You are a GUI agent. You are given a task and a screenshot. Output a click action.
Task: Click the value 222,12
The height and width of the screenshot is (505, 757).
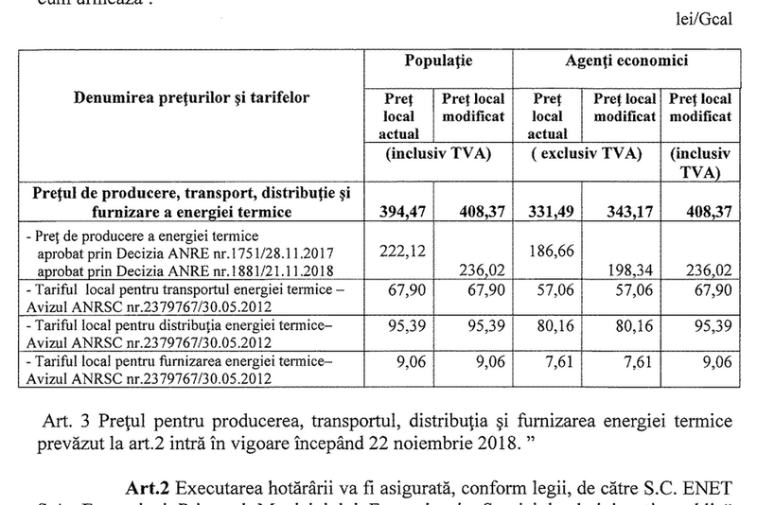(x=397, y=248)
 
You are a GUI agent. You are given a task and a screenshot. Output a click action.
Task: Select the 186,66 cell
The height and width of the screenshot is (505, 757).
(x=550, y=248)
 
